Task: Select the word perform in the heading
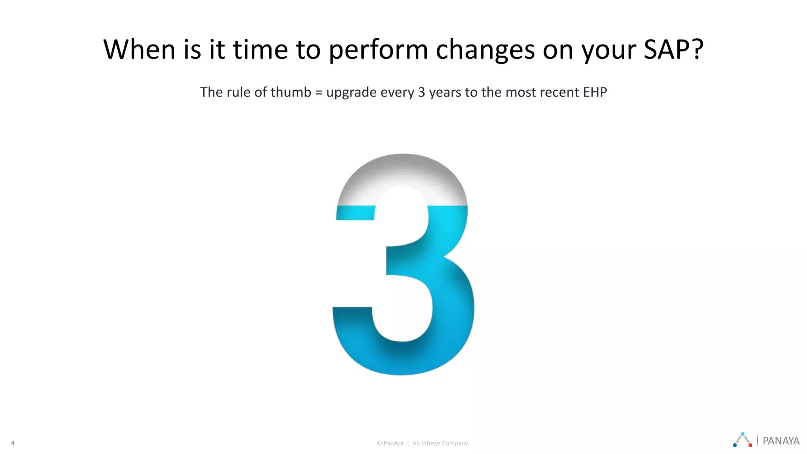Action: coord(378,50)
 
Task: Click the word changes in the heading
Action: coord(485,50)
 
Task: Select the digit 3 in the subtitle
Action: coord(421,92)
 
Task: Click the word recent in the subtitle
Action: coord(557,92)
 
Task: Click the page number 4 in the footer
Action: coord(13,443)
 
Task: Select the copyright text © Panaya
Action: coord(390,443)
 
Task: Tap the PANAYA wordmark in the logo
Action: coord(781,441)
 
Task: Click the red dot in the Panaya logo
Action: coord(750,445)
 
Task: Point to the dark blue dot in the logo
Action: coord(735,445)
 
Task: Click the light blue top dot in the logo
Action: coord(742,434)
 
